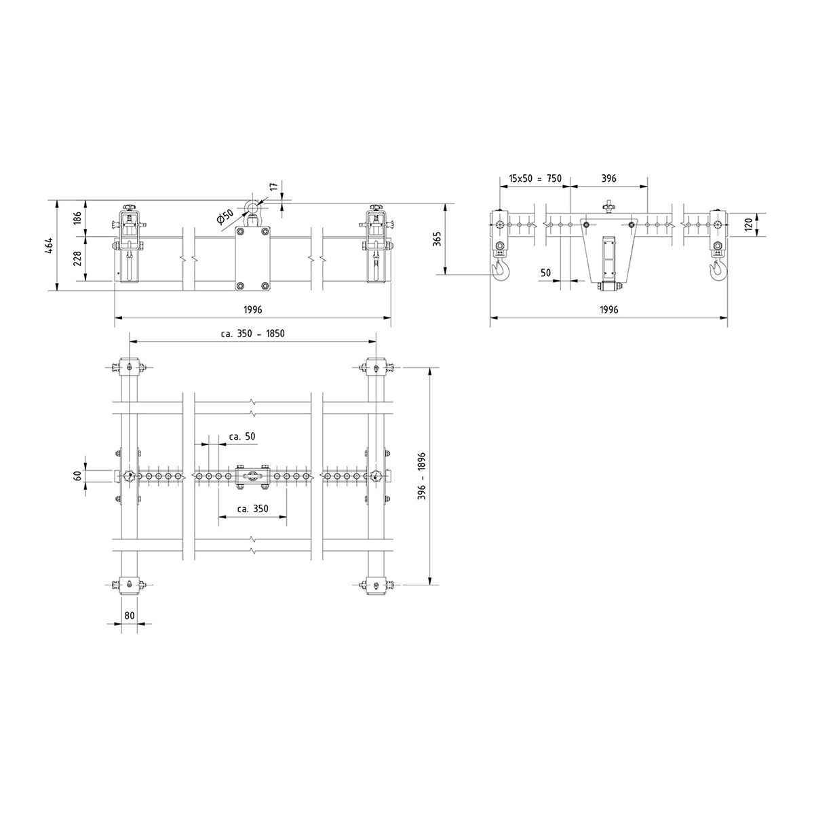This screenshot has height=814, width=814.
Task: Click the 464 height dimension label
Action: pos(50,246)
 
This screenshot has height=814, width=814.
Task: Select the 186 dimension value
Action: pos(78,218)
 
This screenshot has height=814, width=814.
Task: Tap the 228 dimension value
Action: pos(78,258)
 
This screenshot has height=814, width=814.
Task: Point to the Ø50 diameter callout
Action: pos(225,216)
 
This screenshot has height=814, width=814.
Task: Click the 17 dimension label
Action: pos(274,187)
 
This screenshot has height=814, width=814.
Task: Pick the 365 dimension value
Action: pos(438,239)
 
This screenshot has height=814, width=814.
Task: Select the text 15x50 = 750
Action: pos(535,178)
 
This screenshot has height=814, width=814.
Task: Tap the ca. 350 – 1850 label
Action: pos(252,334)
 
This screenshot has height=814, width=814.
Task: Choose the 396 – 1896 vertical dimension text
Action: pos(422,476)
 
